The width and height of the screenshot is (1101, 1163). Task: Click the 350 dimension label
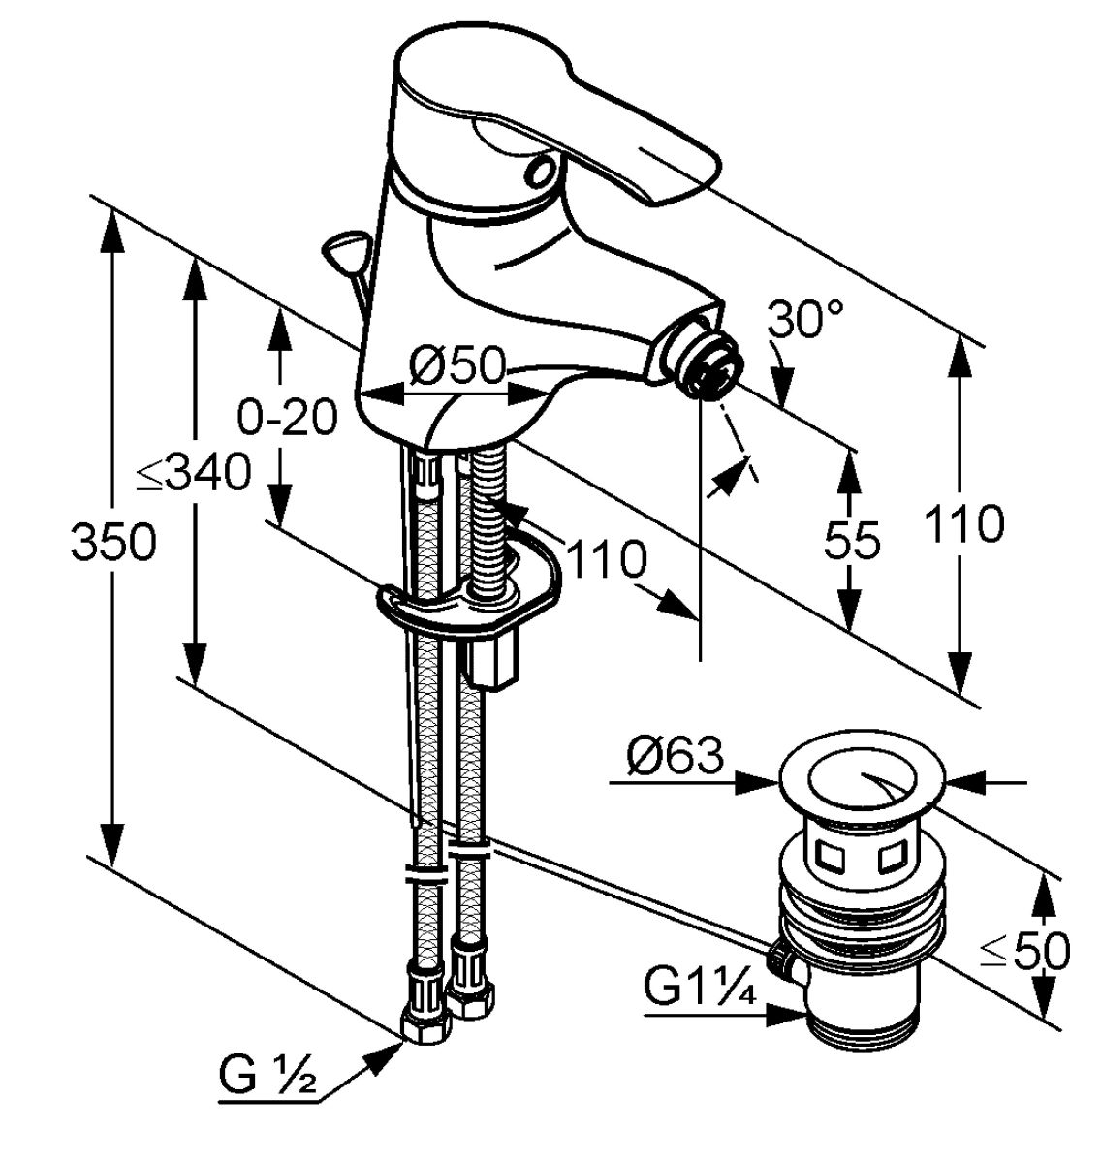(x=113, y=542)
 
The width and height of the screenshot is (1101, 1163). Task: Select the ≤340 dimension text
(x=194, y=473)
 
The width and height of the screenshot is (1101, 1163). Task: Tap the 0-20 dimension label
(x=288, y=418)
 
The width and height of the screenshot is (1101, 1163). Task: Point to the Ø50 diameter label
(x=456, y=366)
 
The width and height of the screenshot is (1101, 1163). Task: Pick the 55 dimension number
(x=852, y=540)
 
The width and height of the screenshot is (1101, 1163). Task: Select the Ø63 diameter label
(x=675, y=755)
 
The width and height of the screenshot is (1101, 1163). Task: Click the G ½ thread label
(x=268, y=1075)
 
